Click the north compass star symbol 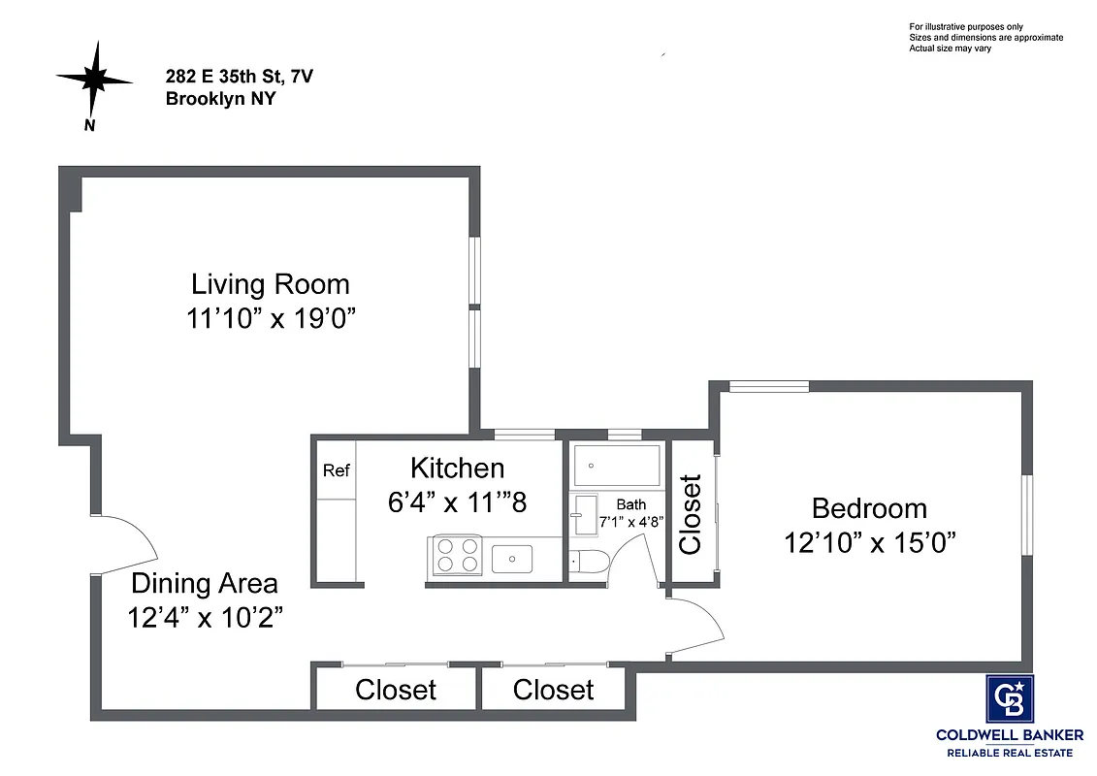[93, 79]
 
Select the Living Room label [270, 284]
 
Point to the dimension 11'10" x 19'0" [270, 318]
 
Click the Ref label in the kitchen [336, 470]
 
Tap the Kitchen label [457, 468]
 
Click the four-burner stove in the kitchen [457, 555]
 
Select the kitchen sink [511, 558]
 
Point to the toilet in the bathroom [590, 561]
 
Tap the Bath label [630, 504]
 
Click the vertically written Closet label [691, 514]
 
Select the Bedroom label [869, 508]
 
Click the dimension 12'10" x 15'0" [870, 542]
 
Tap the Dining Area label [204, 583]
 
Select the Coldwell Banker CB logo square [1009, 698]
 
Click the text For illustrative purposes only [965, 26]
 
